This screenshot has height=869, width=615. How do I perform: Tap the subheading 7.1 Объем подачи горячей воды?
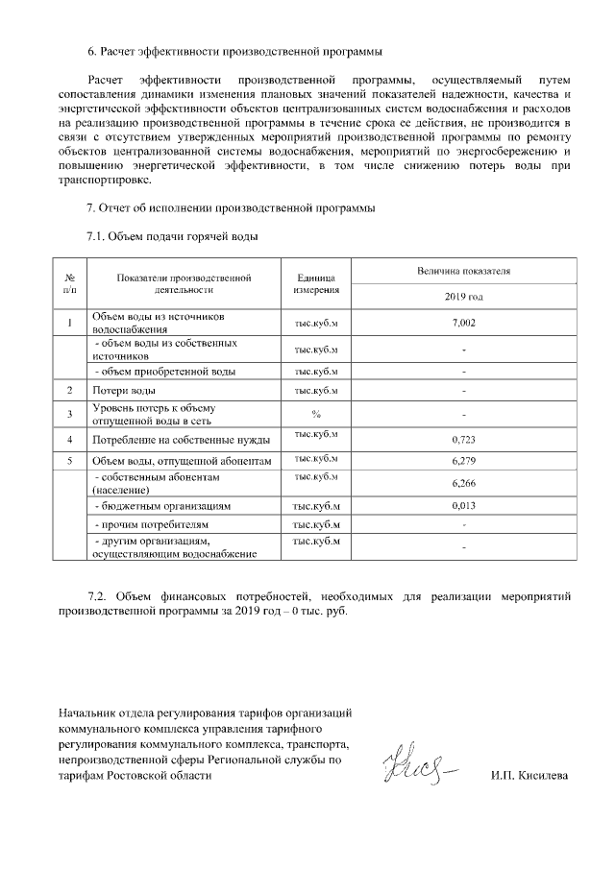(x=173, y=235)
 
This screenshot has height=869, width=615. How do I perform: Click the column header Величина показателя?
(x=463, y=272)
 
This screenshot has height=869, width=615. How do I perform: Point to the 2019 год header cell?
(x=463, y=297)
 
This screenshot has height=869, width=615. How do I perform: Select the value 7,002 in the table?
(x=463, y=323)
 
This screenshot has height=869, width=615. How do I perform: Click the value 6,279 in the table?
(x=463, y=462)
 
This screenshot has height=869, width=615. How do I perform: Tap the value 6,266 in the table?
(x=463, y=483)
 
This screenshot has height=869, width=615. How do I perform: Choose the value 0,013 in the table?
(x=463, y=504)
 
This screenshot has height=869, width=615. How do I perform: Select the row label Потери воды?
(x=124, y=391)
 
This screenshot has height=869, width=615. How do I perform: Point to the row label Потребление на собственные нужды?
(x=181, y=440)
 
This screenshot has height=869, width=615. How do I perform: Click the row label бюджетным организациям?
(x=160, y=504)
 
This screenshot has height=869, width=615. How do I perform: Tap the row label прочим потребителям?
(x=152, y=525)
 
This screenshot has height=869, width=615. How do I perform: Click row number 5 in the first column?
(x=70, y=462)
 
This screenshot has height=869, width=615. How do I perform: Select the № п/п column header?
(x=70, y=283)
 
